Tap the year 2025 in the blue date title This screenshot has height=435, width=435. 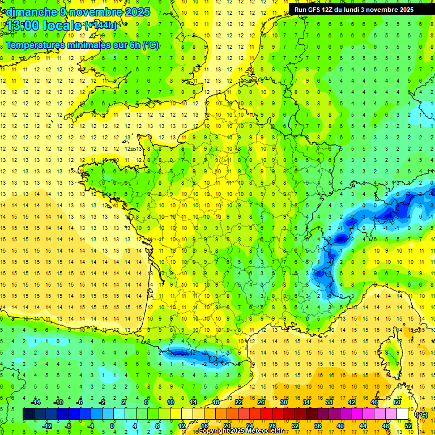[136, 11]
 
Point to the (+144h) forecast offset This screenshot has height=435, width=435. [101, 25]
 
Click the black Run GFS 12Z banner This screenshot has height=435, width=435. [354, 9]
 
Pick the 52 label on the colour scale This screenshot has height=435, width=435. [408, 425]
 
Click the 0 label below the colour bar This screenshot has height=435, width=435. [112, 425]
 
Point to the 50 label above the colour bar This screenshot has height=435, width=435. [396, 402]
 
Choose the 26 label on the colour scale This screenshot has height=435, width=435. [261, 402]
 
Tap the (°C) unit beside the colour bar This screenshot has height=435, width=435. [421, 414]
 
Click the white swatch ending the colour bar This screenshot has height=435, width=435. [403, 414]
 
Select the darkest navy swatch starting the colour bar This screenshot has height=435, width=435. [28, 414]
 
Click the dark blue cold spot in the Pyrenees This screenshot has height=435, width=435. [180, 352]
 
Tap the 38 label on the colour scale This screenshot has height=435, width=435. [329, 402]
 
